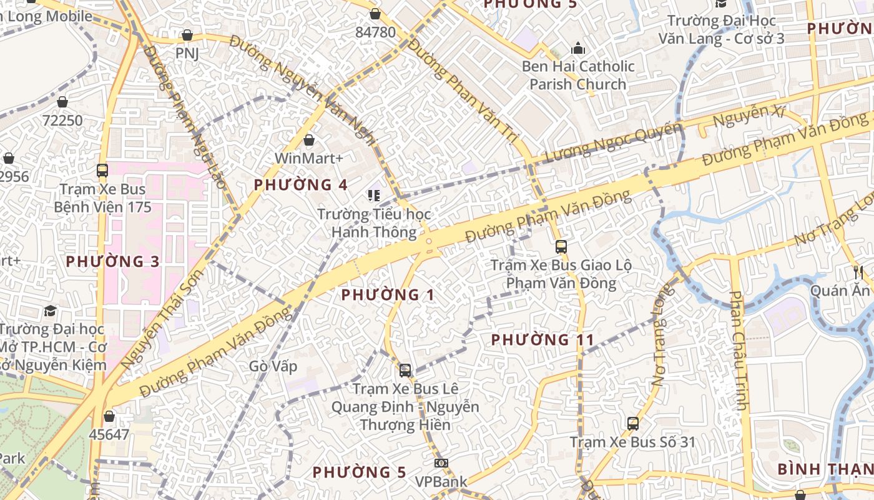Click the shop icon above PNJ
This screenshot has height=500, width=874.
187,36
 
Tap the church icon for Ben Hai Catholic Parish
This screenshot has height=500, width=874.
578,48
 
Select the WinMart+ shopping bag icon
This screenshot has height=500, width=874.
308,140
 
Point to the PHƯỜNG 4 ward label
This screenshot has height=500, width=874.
301,185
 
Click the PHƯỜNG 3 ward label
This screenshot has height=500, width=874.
113,262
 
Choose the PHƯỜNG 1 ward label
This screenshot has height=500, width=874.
388,295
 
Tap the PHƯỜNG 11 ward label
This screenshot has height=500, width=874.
543,340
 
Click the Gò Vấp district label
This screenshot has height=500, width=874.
273,366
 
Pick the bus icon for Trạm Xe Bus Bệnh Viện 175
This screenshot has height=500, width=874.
102,170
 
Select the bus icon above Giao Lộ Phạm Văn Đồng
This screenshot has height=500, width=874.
561,247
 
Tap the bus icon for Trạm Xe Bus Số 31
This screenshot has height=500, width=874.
633,424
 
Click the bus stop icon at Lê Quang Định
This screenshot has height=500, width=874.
405,371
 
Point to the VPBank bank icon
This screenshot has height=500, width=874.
441,463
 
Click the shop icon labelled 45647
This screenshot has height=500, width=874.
109,416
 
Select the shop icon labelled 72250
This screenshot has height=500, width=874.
62,102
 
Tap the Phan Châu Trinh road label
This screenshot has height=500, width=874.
739,350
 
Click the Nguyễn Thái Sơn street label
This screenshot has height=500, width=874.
162,319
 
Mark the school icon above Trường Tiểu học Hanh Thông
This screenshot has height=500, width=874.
374,196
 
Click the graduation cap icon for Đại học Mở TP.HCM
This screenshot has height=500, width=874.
50,311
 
